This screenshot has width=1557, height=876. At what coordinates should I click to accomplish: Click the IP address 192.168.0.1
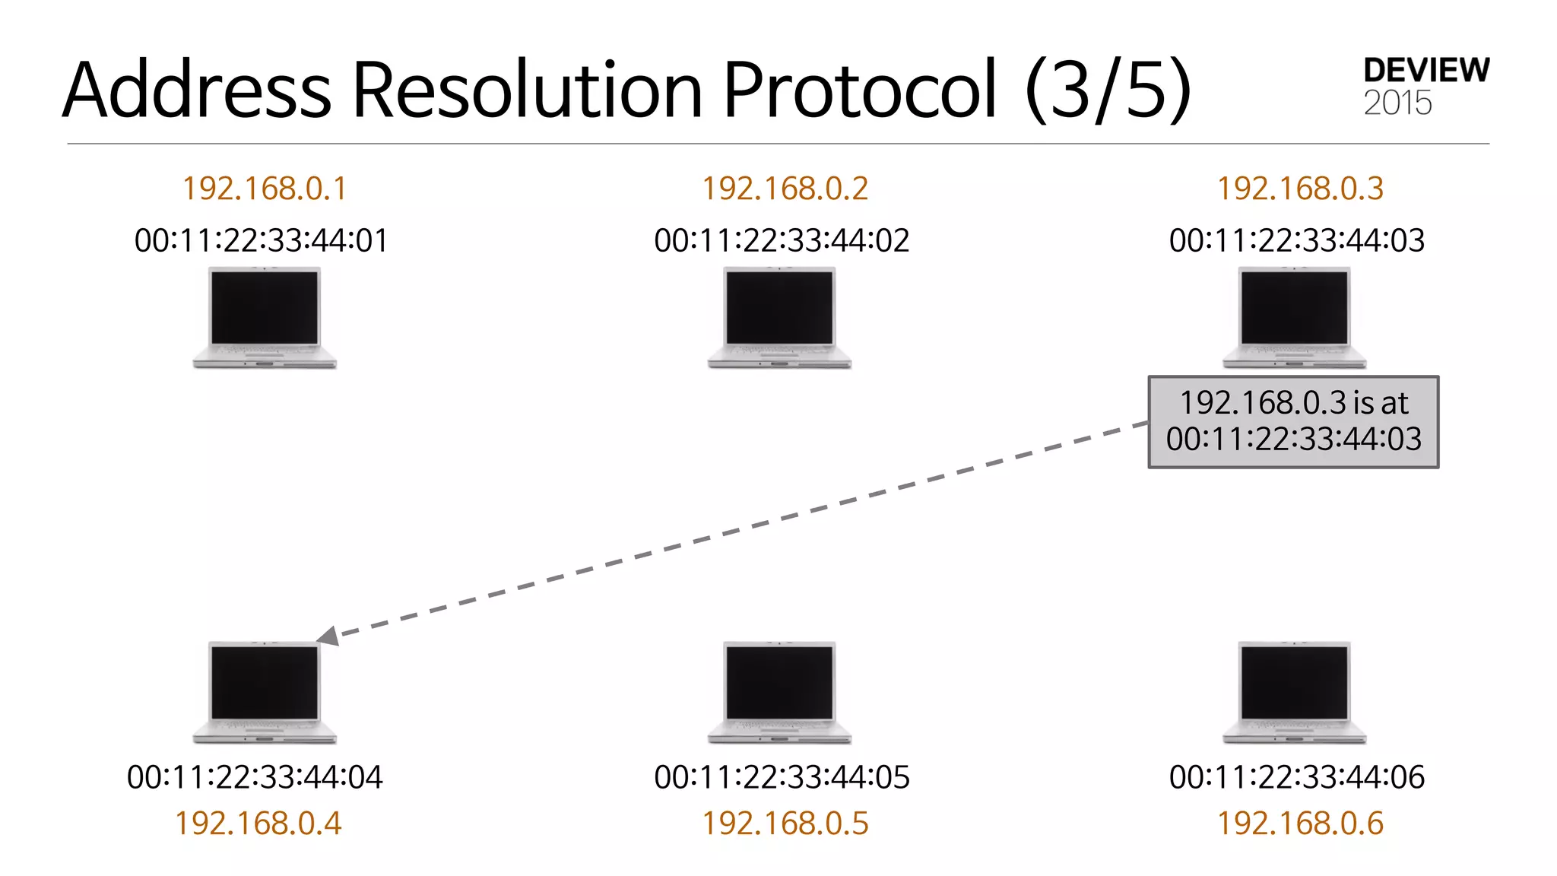coord(265,189)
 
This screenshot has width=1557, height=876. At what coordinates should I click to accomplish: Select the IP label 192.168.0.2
coord(785,189)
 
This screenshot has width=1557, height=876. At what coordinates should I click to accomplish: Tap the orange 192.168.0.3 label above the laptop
coord(1300,189)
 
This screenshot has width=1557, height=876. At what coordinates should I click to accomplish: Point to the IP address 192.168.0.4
coord(258,824)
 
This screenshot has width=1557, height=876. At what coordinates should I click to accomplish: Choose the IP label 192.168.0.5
coord(785,824)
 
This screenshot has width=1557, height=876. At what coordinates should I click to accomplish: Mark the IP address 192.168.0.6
coord(1300,824)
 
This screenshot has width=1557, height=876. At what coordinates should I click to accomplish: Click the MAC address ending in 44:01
coord(261,240)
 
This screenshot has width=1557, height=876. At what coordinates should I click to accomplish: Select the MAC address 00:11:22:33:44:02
coord(782,240)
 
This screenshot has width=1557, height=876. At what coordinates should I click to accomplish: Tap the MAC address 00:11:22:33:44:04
coord(255,777)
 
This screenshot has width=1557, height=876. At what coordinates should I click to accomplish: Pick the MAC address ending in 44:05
coord(782,777)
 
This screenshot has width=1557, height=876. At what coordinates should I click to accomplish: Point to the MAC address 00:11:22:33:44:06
coord(1296,777)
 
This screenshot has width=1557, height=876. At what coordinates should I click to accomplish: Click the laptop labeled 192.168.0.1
coord(265,318)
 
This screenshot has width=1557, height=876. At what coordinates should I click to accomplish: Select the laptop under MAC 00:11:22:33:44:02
coord(780,318)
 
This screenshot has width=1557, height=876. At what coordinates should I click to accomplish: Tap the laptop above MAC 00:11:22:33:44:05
coord(780,692)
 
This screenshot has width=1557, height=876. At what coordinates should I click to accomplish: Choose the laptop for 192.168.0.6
coord(1295,692)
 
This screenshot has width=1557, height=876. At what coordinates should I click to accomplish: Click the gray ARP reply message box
coord(1293,421)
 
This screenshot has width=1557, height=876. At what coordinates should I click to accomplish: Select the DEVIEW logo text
coord(1426,71)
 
